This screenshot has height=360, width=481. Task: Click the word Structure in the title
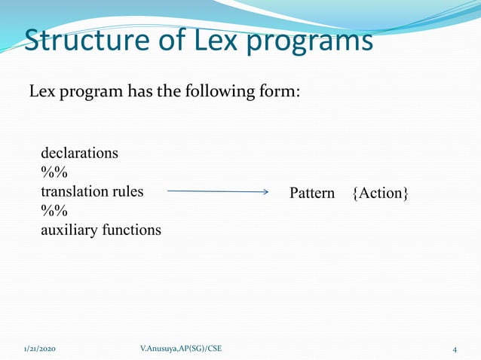coord(82,41)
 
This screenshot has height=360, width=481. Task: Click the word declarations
coord(79,153)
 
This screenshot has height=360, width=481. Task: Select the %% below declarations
coord(54,172)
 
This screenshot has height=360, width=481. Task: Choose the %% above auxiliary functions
coord(54,211)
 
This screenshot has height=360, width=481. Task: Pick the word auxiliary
coord(69,230)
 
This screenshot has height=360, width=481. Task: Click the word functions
coord(131,230)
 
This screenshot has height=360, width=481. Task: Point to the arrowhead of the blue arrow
coord(265,192)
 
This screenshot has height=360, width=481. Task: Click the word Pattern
coord(312,194)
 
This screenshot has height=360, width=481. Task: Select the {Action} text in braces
coord(381,194)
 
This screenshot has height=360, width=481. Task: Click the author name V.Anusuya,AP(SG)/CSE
coord(181,349)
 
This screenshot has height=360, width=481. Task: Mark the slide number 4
coord(455,349)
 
